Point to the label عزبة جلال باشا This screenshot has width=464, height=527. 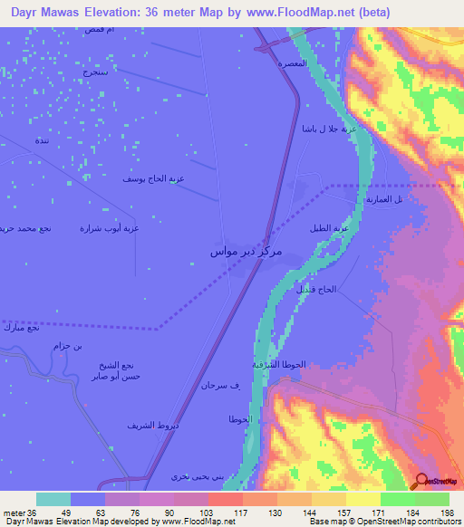click(x=324, y=129)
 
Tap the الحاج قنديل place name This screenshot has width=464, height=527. click(x=316, y=290)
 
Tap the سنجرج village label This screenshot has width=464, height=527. click(x=92, y=72)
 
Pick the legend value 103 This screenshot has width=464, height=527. click(x=208, y=513)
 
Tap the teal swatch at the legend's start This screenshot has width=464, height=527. click(x=53, y=499)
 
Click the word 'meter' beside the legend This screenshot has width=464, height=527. click(x=14, y=513)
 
